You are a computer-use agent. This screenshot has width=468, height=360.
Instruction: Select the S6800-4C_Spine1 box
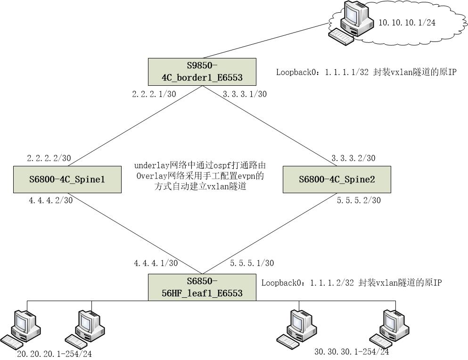coord(67,179)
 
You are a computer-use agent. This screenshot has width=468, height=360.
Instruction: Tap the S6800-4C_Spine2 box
coord(337,179)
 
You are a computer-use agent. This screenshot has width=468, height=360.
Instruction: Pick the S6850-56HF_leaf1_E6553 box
coord(202,287)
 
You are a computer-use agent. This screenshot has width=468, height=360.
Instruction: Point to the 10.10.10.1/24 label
coord(407,23)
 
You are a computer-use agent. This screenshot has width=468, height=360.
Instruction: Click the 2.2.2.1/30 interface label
coord(154,94)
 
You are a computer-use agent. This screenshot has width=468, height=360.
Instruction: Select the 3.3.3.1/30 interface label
coord(244,94)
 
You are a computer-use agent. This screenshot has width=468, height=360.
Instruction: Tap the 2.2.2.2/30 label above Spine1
coord(49,158)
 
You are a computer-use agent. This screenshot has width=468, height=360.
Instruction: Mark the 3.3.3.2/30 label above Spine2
coord(353,158)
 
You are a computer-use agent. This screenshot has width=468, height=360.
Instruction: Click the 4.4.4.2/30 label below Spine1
coord(50,201)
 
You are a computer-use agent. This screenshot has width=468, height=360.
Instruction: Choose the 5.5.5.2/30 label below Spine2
coord(359,201)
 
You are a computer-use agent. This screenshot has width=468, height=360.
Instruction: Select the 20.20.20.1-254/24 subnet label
coord(54,354)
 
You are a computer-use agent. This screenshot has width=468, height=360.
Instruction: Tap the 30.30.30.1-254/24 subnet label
coord(352,352)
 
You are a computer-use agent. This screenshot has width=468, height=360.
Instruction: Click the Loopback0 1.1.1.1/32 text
coord(366,73)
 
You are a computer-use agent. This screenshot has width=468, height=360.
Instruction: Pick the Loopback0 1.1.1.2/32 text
coord(352,283)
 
